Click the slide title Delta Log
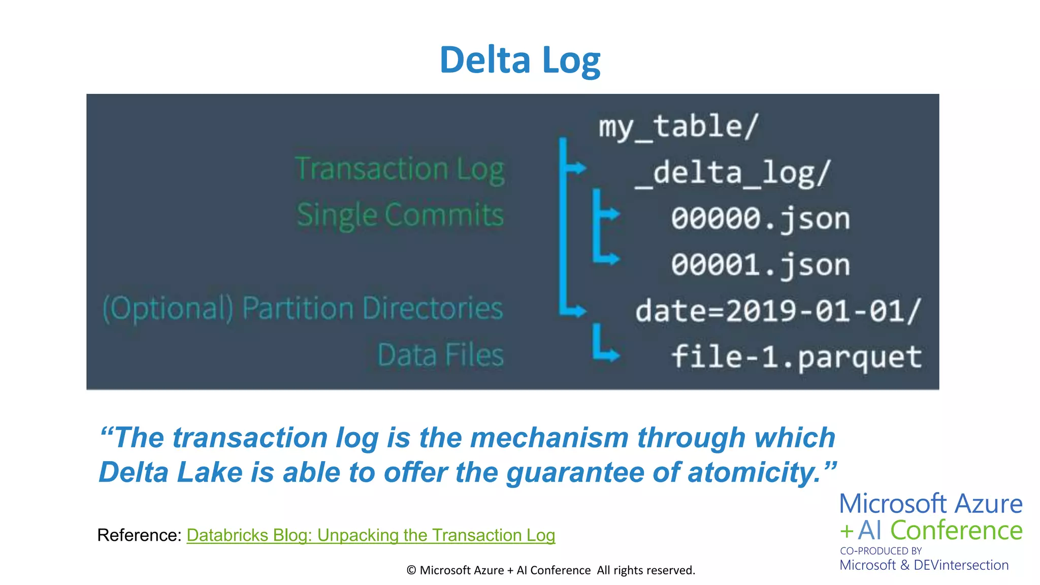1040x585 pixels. click(519, 60)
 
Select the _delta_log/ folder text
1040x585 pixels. click(733, 173)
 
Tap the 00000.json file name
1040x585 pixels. click(760, 219)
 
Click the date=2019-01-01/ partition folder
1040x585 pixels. click(777, 311)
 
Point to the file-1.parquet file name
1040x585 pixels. click(796, 356)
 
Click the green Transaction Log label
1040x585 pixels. click(399, 169)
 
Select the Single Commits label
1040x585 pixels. click(400, 215)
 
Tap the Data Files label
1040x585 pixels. click(440, 354)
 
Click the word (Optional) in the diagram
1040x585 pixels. click(168, 308)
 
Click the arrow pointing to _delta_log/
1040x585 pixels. click(576, 168)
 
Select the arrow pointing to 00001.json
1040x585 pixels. click(609, 258)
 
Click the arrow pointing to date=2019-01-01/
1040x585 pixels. click(576, 310)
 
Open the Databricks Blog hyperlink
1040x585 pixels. click(371, 535)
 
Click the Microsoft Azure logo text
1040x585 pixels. click(930, 504)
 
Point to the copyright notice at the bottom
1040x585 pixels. click(550, 570)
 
